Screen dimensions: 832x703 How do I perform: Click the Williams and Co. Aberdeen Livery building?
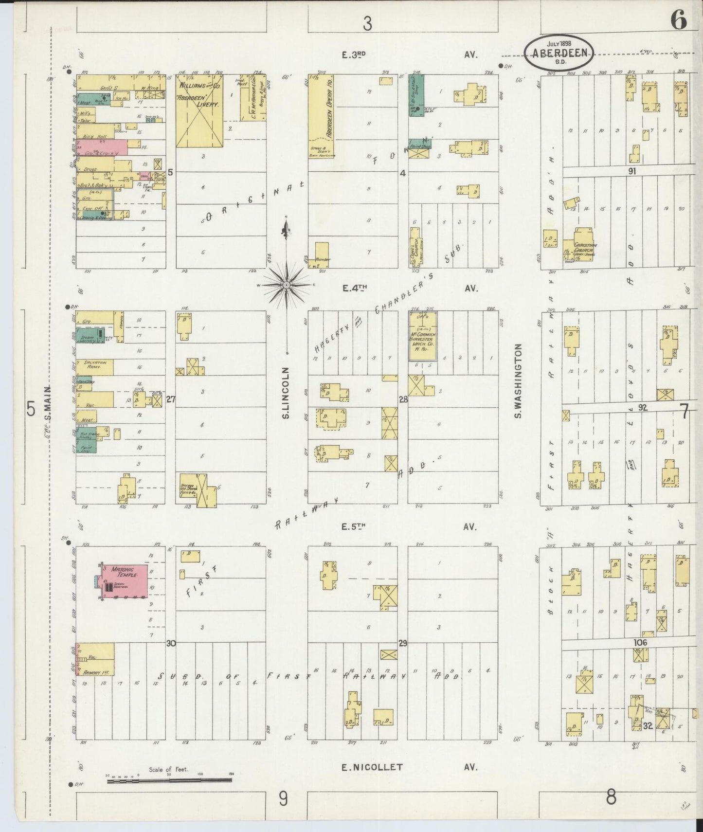pyautogui.click(x=199, y=110)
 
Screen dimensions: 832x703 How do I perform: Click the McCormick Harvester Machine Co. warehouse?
pyautogui.click(x=422, y=336)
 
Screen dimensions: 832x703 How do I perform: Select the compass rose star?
pyautogui.click(x=287, y=285)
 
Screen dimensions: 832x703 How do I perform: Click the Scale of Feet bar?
pyautogui.click(x=169, y=780)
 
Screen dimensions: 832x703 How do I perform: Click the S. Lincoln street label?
pyautogui.click(x=286, y=393)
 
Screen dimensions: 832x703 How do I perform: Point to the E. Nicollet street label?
pyautogui.click(x=372, y=767)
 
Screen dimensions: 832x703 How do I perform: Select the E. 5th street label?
pyautogui.click(x=354, y=526)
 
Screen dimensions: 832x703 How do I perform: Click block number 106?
pyautogui.click(x=640, y=643)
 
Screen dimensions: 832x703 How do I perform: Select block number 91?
pyautogui.click(x=631, y=171)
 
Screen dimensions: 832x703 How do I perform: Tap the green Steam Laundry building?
pyautogui.click(x=90, y=336)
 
